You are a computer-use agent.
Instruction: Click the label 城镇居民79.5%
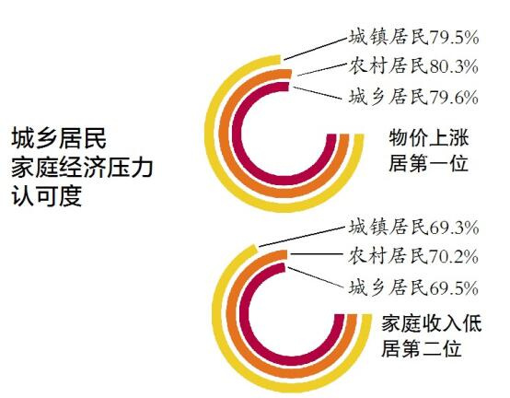(x=413, y=38)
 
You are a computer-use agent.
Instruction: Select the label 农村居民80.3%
(x=413, y=66)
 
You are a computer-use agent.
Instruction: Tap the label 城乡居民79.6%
(x=413, y=97)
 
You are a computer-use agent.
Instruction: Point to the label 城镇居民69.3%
(x=413, y=228)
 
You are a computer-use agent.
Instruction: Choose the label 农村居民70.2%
(x=413, y=257)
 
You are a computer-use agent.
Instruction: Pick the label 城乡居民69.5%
(x=413, y=288)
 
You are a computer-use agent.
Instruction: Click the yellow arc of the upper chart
(x=210, y=134)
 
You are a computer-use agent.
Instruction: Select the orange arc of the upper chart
(x=224, y=134)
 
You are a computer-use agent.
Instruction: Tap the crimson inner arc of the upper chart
(x=238, y=134)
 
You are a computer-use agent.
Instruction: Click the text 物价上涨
(x=429, y=137)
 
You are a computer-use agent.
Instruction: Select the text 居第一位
(x=429, y=162)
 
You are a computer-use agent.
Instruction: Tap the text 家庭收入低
(x=431, y=323)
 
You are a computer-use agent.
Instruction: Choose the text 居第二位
(x=422, y=348)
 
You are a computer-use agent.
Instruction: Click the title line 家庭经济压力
(x=82, y=168)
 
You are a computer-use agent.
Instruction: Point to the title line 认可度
(x=47, y=196)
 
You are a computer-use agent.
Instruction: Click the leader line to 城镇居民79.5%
(x=315, y=49)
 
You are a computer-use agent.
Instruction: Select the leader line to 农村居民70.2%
(x=317, y=254)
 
